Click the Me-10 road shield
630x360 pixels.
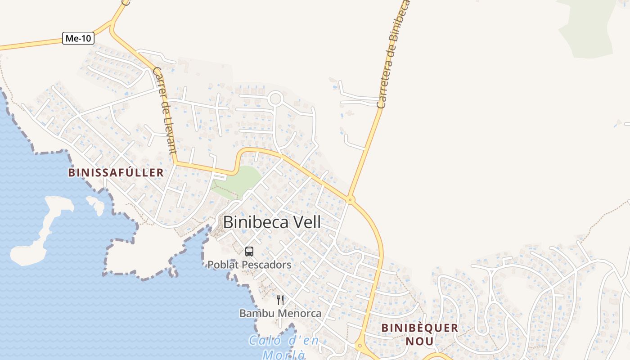(78, 38)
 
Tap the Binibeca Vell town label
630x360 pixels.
(272, 222)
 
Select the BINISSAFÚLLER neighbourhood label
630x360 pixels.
(116, 172)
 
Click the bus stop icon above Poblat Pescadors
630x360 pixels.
(249, 252)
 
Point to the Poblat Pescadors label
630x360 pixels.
(249, 265)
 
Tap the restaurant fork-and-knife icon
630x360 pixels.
(280, 300)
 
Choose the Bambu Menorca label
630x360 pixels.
(280, 313)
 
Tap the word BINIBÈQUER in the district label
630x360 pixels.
(419, 328)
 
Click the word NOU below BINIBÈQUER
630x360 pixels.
(419, 341)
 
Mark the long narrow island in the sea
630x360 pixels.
(43, 229)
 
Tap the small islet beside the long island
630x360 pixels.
(96, 204)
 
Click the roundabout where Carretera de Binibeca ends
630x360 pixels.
(351, 198)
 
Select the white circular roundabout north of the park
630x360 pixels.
(275, 98)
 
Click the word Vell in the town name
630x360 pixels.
(307, 222)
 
